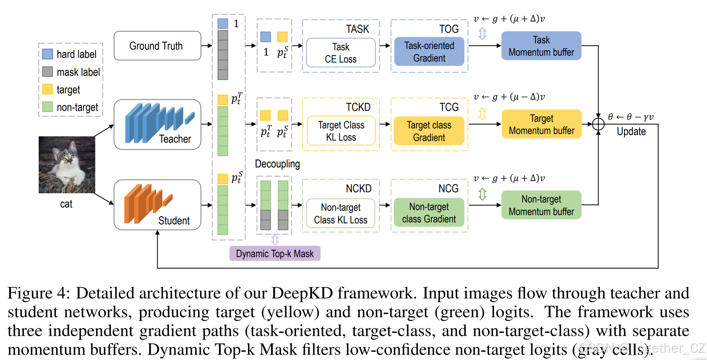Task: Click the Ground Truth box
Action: point(157,46)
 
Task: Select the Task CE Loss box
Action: point(341,53)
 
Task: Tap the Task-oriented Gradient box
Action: point(429,52)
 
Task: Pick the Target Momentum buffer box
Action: point(541,124)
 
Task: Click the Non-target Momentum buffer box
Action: point(541,205)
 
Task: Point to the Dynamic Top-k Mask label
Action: point(275,253)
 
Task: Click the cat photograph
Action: point(67,164)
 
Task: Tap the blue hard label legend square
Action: point(48,54)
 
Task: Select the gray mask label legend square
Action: point(48,71)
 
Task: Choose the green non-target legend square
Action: point(48,107)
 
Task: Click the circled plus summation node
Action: point(598,124)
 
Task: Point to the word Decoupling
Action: point(277,164)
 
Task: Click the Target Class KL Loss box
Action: point(341,131)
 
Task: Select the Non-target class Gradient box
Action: point(429,212)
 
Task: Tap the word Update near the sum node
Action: point(631,131)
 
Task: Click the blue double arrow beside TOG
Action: point(482,33)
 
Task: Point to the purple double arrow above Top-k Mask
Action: point(275,240)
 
